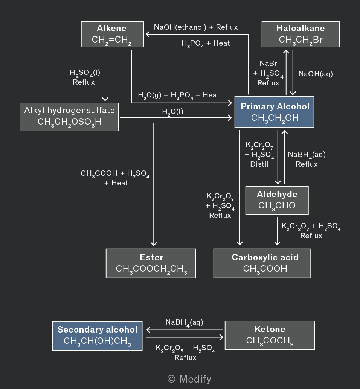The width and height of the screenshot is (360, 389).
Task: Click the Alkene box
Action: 113,34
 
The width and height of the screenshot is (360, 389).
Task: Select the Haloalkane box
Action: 301,34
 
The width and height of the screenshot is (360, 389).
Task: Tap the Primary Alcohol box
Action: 275,112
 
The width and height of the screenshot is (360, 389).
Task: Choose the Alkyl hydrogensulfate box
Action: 69,117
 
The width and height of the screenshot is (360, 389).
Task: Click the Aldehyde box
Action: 277,201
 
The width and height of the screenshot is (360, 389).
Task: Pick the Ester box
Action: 151,263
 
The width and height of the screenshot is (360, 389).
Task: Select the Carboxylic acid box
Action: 262,263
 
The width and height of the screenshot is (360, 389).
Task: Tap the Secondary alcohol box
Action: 97,336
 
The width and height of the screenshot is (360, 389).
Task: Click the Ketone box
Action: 270,336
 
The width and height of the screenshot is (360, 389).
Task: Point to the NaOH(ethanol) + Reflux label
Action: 196,27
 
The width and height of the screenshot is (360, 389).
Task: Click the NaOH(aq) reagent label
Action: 316,74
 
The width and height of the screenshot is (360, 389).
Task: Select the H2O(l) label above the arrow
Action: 172,112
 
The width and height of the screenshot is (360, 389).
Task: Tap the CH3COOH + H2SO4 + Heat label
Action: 115,178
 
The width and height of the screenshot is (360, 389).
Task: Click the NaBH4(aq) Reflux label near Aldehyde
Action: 307,159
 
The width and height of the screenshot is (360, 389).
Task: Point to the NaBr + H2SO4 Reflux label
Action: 268,73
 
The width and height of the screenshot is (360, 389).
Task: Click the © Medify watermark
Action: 189,379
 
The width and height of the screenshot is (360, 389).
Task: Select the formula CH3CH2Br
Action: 301,40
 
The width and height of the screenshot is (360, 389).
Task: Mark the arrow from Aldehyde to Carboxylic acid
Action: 277,231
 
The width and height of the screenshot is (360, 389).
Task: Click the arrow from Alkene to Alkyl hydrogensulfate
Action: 105,76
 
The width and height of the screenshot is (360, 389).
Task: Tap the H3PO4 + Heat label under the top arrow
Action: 206,44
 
